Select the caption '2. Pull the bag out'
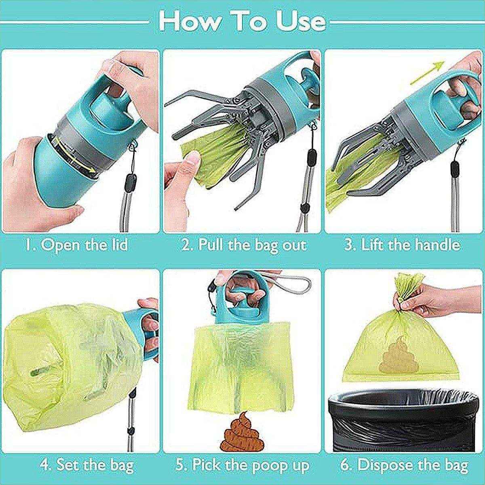[x=244, y=245]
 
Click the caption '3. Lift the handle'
[x=402, y=245]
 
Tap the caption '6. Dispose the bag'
[x=404, y=465]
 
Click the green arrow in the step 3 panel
[x=427, y=72]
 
